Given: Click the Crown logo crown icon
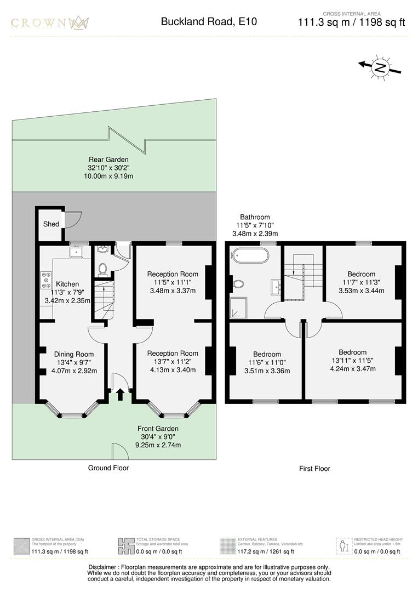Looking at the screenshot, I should [x=78, y=23].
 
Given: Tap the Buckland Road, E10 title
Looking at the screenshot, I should [x=208, y=22].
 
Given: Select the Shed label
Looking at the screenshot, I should [x=51, y=224].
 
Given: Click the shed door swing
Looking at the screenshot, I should [x=72, y=219].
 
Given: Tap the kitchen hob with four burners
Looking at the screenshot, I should [x=45, y=281].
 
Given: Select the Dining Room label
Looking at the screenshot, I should [x=73, y=354].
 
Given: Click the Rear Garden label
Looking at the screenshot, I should [x=110, y=160].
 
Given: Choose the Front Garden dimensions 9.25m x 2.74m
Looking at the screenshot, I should [x=158, y=445].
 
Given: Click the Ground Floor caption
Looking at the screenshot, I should [x=108, y=468].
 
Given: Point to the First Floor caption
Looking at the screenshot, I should [x=314, y=469].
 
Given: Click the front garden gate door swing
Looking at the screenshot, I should [x=117, y=452].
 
